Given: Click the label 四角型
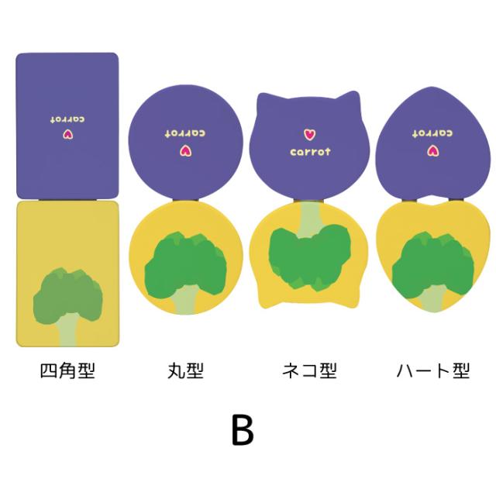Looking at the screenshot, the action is point(67,370).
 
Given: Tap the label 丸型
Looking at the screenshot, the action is point(186,370).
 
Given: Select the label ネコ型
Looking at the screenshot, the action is point(309,370).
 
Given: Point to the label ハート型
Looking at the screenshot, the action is point(433,370).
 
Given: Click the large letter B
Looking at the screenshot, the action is point(243,430).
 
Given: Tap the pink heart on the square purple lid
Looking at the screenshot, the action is point(67,135).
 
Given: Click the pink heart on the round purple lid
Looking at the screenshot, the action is point(186,151).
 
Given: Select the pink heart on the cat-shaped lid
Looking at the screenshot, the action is point(310,134).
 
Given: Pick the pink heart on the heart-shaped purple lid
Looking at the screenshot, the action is point(432,151).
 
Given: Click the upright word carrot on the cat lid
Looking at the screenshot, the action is point(310,152).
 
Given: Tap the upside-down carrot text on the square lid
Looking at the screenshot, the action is point(67,119).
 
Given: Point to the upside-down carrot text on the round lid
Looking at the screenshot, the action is point(185,133).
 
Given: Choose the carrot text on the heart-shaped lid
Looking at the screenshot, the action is point(432,133).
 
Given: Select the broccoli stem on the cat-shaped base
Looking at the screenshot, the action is point(309,219).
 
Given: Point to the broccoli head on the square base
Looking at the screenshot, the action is point(67,296).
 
